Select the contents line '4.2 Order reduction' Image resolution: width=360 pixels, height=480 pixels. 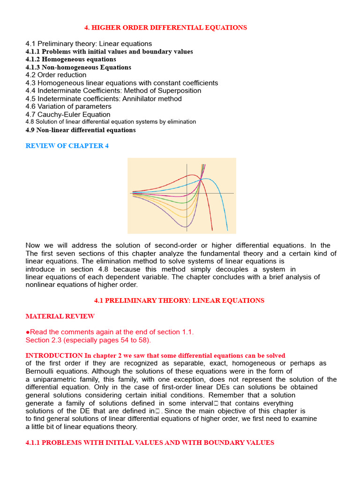coord(56,75)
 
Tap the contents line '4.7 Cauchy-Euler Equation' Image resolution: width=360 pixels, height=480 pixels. coord(68,114)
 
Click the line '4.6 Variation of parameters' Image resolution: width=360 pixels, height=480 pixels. coord(68,106)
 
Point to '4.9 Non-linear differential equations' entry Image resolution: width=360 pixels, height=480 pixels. coord(81,130)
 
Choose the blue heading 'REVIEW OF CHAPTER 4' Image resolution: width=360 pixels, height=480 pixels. coord(67,146)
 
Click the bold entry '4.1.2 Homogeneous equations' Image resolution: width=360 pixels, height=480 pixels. coord(71,60)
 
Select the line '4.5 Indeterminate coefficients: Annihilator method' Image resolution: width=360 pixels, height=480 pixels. coord(104,98)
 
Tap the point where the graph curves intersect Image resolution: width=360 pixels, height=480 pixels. coord(201,179)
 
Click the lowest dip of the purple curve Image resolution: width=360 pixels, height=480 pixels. coord(186,227)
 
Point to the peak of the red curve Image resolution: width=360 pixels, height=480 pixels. coord(193,175)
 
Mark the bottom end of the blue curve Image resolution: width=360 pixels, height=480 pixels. coord(227,230)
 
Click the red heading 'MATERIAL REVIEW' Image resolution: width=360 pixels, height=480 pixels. coord(60,316)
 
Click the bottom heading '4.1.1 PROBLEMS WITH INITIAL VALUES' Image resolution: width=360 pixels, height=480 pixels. coord(150,442)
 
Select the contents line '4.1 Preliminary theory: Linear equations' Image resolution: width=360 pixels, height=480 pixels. coord(89,44)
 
